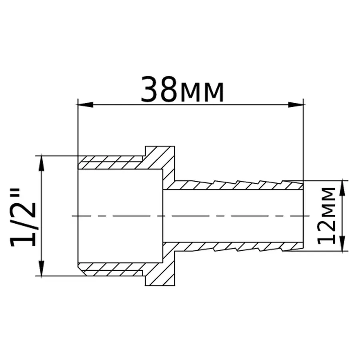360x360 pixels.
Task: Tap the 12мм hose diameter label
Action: pyautogui.click(x=327, y=215)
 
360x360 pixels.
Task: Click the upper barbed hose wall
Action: pyautogui.click(x=236, y=185)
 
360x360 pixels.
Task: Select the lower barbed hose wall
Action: pyautogui.click(x=236, y=247)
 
